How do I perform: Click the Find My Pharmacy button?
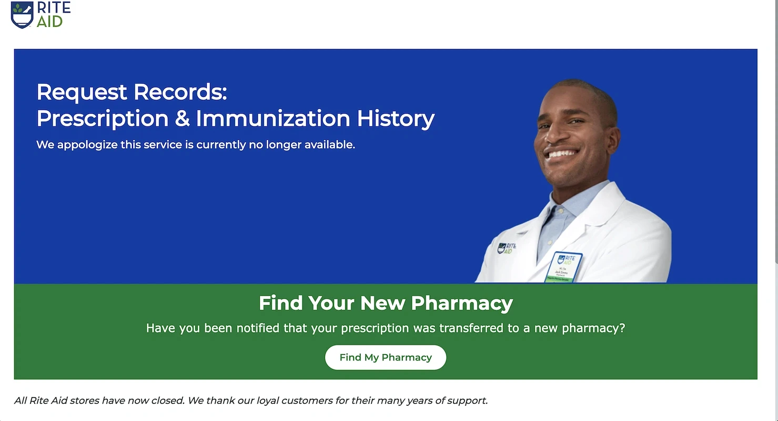(x=386, y=357)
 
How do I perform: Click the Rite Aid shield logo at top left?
(x=22, y=15)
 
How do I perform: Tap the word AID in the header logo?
(x=50, y=22)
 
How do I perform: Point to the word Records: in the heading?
(x=180, y=92)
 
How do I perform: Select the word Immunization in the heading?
(x=273, y=118)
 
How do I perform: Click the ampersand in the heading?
(x=182, y=118)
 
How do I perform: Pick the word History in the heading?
(x=396, y=118)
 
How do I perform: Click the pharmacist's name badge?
(x=563, y=267)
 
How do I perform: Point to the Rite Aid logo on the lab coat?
(x=506, y=248)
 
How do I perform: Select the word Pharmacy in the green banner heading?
(x=461, y=303)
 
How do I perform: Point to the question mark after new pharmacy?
(x=622, y=328)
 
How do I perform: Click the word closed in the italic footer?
(x=167, y=400)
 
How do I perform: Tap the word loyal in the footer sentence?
(x=268, y=400)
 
